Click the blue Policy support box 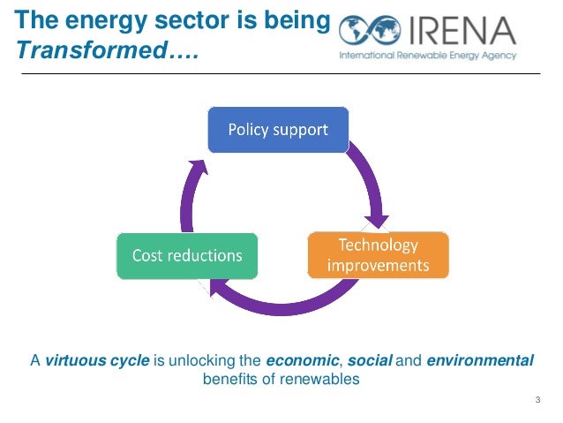(278, 130)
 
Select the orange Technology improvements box (378, 254)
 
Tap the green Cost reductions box (187, 255)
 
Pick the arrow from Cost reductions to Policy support (187, 190)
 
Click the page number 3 (537, 403)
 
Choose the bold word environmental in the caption (481, 360)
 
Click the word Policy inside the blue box (248, 130)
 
